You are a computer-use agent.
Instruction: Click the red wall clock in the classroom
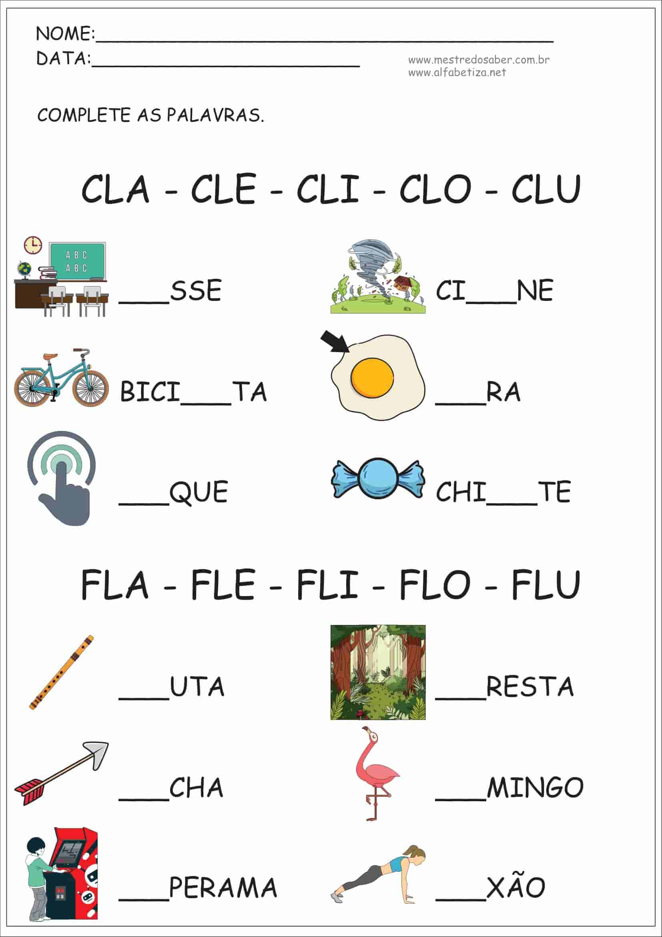pos(32,245)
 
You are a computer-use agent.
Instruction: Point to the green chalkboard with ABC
pos(77,261)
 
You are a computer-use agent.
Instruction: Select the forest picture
pos(378,672)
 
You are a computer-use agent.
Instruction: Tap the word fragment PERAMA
pos(223,887)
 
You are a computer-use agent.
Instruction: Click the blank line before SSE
pos(144,302)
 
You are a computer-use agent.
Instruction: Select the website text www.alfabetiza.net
pos(457,73)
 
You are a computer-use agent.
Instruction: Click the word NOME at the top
pos(65,34)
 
